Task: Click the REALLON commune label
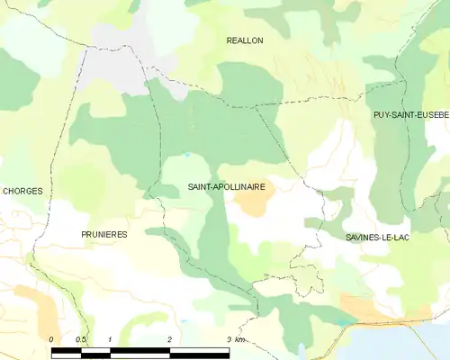click(x=245, y=40)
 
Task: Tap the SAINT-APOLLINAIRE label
click(x=226, y=186)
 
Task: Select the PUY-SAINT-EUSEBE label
click(x=411, y=115)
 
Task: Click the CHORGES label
click(x=22, y=191)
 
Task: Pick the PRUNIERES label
click(x=103, y=234)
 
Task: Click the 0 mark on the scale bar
click(x=52, y=338)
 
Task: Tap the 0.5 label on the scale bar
click(x=80, y=338)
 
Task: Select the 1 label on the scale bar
click(x=110, y=338)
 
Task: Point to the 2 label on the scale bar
click(x=169, y=338)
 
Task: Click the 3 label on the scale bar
click(x=228, y=338)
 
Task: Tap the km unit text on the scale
click(x=239, y=338)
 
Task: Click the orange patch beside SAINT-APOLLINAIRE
click(x=252, y=203)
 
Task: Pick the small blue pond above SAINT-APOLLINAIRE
click(x=186, y=155)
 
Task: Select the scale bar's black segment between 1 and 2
click(x=139, y=351)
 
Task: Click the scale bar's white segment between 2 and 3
click(x=199, y=351)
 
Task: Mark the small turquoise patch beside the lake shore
click(x=346, y=321)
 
